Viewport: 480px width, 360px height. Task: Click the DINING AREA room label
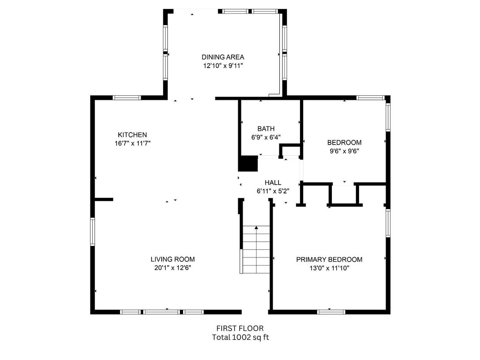pos(223,57)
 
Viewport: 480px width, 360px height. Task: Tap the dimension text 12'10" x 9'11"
pos(223,66)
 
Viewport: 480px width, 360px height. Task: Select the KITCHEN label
pos(132,135)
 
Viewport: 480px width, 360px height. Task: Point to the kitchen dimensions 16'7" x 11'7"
pos(132,144)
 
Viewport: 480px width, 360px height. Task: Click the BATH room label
pos(266,129)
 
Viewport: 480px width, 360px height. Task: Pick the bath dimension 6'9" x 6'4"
pos(266,137)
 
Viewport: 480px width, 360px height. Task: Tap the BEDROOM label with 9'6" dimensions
pos(344,142)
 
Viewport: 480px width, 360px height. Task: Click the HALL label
pos(273,183)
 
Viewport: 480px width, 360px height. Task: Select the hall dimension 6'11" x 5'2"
pos(273,191)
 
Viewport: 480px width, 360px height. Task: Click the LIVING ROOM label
pos(172,259)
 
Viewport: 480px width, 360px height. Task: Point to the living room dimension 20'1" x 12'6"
pos(172,268)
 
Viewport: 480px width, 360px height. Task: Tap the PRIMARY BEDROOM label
pos(329,260)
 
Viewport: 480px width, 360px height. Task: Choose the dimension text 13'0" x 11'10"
pos(329,268)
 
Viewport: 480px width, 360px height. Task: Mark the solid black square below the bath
pos(248,163)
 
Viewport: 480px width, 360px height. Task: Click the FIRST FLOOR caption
pos(240,329)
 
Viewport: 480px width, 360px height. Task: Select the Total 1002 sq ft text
pos(240,338)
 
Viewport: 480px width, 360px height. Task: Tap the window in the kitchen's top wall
pos(127,98)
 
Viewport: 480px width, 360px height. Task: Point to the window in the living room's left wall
pos(93,231)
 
